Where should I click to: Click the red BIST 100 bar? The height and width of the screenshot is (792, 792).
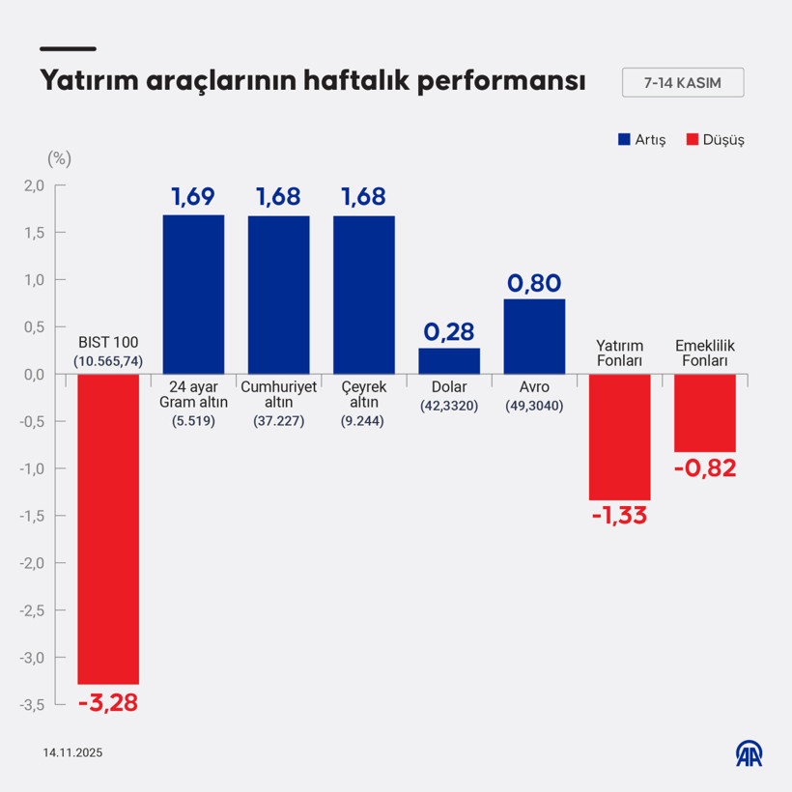108,528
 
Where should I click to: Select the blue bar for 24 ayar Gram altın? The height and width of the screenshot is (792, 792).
193,294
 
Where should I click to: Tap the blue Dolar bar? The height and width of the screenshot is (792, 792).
449,360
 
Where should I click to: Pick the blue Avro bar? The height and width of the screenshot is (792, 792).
534,336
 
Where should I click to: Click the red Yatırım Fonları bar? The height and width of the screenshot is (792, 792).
620,437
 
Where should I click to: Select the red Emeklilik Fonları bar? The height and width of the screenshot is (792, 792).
705,412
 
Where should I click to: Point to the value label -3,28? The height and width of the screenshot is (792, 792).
108,702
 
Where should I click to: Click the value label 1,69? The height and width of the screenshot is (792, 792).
193,197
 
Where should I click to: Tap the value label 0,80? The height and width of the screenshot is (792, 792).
534,283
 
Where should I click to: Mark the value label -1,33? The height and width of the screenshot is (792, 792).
619,516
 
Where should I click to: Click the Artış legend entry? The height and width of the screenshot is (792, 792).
641,139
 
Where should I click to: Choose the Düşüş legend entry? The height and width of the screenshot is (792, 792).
715,139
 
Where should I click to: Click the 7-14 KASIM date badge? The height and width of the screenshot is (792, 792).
683,83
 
